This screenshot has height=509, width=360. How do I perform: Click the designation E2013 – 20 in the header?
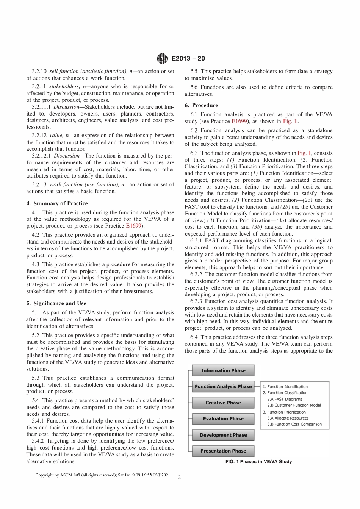tap(188, 58)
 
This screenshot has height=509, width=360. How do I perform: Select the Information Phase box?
tap(223, 370)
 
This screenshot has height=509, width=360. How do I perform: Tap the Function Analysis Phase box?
tap(223, 387)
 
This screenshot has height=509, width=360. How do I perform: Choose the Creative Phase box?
tap(223, 403)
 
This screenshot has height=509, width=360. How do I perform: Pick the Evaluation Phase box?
tap(223, 418)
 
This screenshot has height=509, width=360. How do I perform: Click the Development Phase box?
tap(223, 435)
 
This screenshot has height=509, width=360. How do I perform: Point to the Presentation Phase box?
tap(223, 451)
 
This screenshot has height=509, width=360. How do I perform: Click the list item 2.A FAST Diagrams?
tap(285, 399)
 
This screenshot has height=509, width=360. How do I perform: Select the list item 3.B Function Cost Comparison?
tap(294, 424)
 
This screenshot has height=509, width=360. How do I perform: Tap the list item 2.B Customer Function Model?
tap(294, 405)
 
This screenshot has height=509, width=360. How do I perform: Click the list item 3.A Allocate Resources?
tap(288, 418)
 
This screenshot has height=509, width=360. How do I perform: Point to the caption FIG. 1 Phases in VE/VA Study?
tap(258, 462)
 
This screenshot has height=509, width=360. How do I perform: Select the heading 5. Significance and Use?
tap(56, 303)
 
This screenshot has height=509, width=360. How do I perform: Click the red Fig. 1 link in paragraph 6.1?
tap(290, 121)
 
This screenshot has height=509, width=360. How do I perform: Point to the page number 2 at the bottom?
tap(179, 477)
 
